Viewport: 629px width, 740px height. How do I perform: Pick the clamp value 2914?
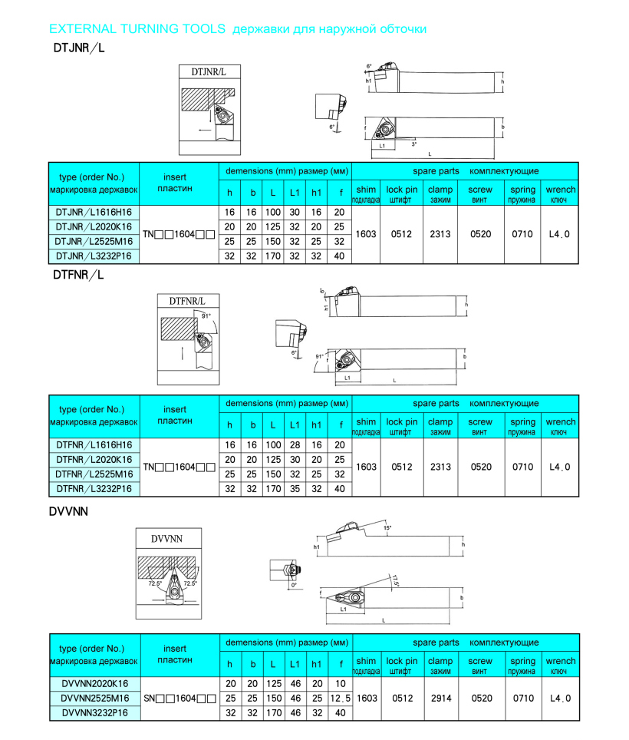coord(440,699)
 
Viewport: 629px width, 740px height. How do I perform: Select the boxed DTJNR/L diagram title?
coord(209,72)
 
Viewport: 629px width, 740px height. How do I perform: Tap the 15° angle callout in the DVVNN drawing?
coord(387,528)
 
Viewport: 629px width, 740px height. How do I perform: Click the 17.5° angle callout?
coord(396,582)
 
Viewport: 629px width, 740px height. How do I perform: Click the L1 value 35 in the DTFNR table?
coord(294,489)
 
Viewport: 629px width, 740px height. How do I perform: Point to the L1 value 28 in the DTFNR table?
coord(294,444)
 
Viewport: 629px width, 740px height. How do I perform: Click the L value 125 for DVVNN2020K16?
coord(273,683)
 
